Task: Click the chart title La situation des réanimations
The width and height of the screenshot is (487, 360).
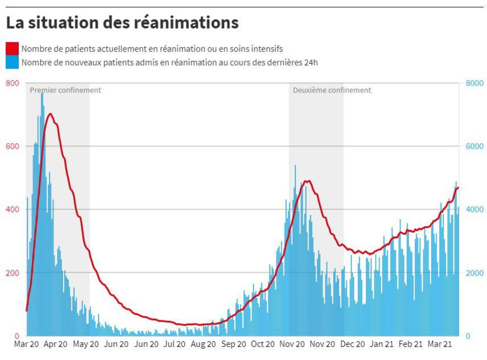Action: click(x=122, y=22)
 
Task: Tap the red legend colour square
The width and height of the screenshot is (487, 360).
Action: click(x=12, y=49)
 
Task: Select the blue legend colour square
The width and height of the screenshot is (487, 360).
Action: click(x=12, y=62)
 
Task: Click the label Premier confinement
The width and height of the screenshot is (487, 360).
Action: click(x=65, y=90)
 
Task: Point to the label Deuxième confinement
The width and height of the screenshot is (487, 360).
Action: click(x=332, y=90)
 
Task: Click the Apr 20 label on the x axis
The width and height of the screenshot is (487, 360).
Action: click(x=56, y=344)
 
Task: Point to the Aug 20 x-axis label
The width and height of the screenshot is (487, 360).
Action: click(x=203, y=344)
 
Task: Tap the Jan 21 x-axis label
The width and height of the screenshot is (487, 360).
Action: click(x=381, y=344)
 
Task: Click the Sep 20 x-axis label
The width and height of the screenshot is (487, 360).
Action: click(x=233, y=344)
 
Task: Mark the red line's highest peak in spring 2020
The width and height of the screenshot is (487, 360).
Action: click(x=50, y=114)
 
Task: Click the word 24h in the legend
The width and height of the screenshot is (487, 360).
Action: click(x=310, y=62)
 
